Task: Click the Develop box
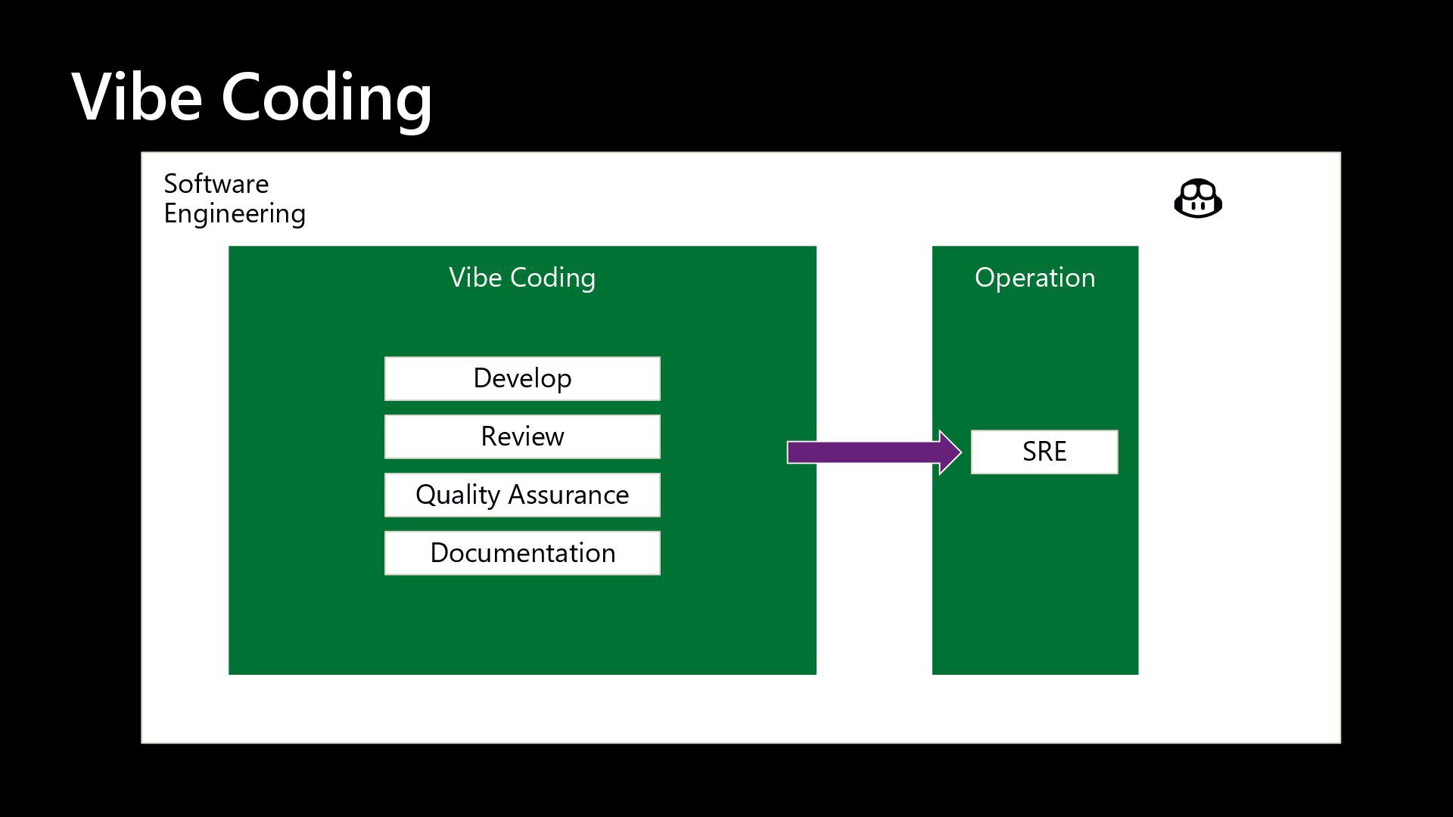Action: pos(522,378)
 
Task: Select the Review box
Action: pos(522,436)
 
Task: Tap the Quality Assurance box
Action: pos(522,495)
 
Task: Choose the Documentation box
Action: pos(522,553)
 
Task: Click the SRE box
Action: pos(1044,452)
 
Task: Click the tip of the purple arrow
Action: pos(959,452)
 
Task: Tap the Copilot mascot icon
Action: pos(1198,199)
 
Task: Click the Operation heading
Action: pos(1035,278)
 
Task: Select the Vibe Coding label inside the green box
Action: pos(522,278)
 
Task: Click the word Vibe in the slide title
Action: pos(137,97)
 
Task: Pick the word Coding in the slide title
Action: pos(326,98)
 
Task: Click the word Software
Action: pos(216,184)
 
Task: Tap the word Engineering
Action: pos(235,214)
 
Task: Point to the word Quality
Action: pos(458,495)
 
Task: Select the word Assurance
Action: pos(568,495)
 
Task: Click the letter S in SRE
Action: pos(1029,452)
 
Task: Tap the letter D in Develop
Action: pos(481,378)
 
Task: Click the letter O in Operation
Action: pos(985,278)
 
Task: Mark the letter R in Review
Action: pos(488,436)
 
